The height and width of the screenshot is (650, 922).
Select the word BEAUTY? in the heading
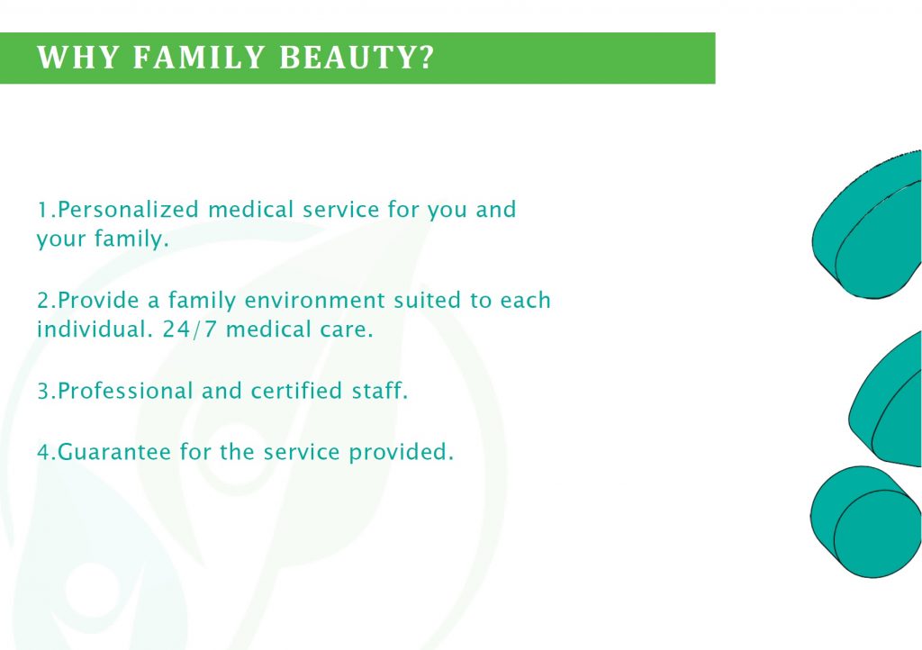point(357,58)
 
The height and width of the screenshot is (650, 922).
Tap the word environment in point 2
point(315,301)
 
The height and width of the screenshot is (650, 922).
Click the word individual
point(91,330)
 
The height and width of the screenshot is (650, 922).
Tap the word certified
point(297,391)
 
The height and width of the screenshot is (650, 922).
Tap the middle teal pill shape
point(887,400)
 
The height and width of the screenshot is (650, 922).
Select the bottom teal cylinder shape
point(865,522)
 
